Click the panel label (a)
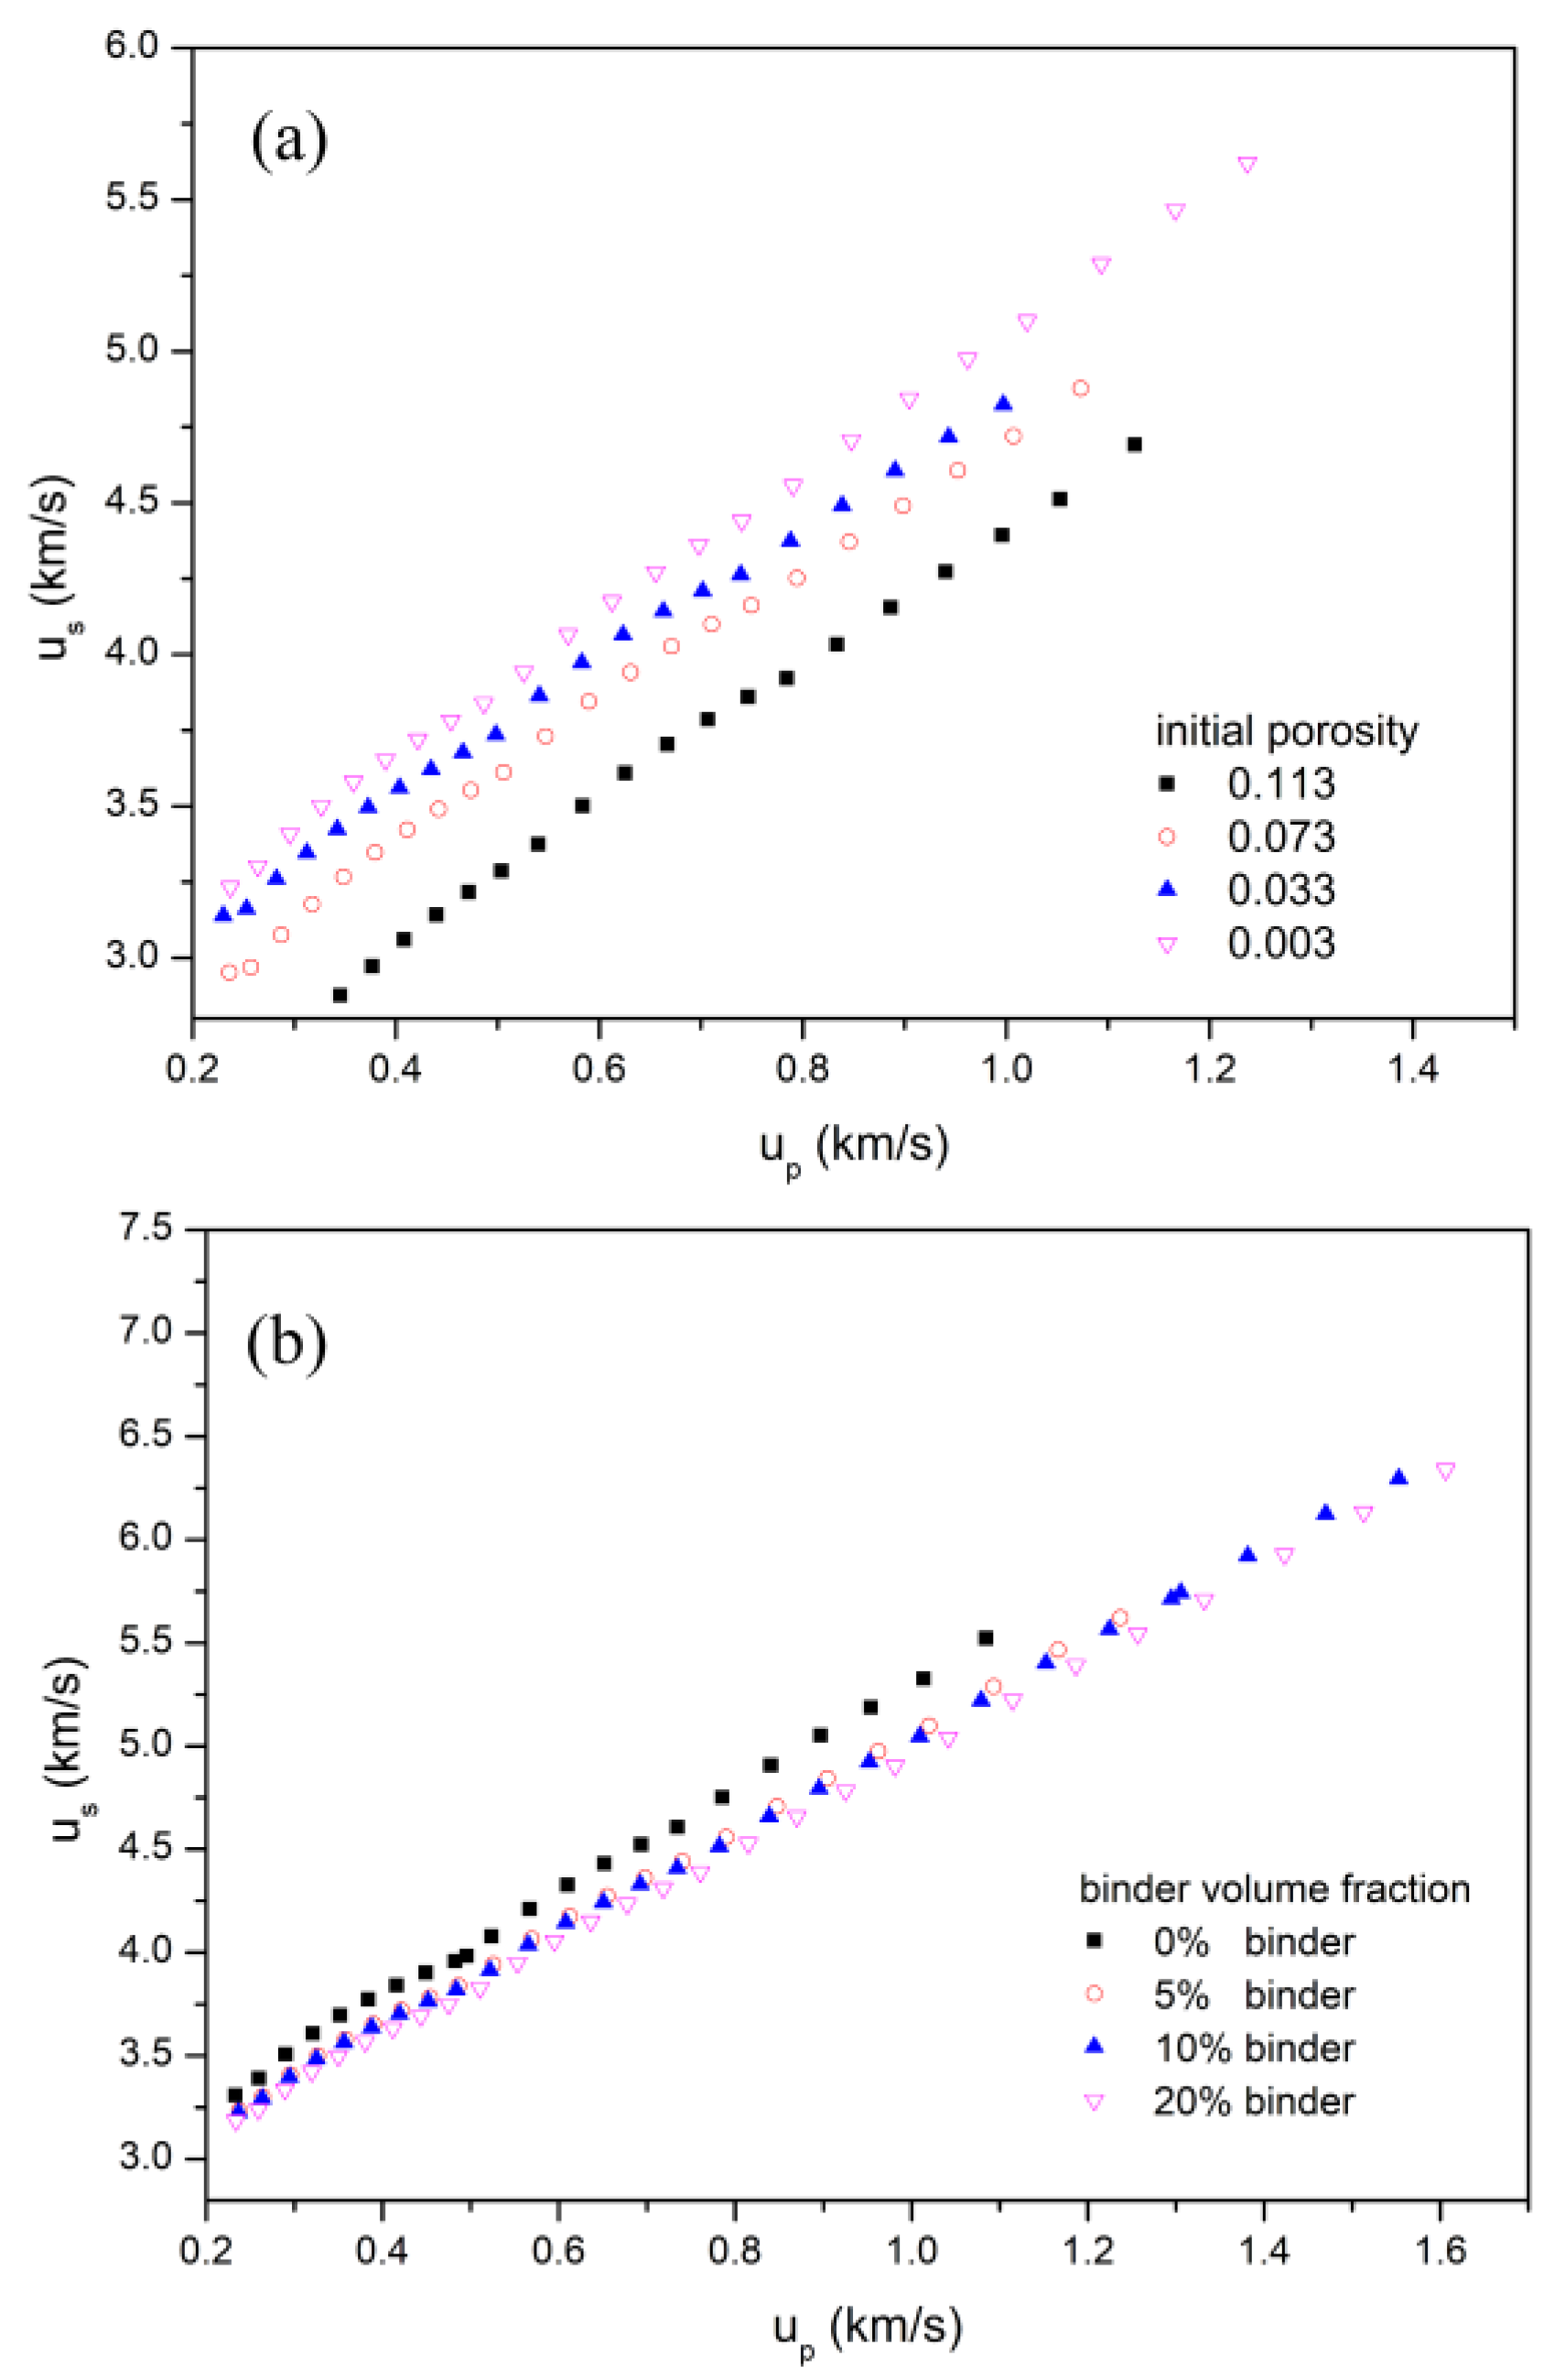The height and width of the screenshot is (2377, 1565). click(289, 142)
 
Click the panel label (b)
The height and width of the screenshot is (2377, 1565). click(286, 1345)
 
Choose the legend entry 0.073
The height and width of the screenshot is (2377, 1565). click(1280, 837)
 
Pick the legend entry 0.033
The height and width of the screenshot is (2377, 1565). click(1280, 890)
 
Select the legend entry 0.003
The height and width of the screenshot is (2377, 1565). click(1280, 944)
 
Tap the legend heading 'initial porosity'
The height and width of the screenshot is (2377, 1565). click(1287, 732)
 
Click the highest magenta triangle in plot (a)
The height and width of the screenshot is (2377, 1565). click(1247, 165)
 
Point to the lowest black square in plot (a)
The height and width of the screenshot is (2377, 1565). click(340, 995)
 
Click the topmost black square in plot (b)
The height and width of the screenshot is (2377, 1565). click(986, 1638)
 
